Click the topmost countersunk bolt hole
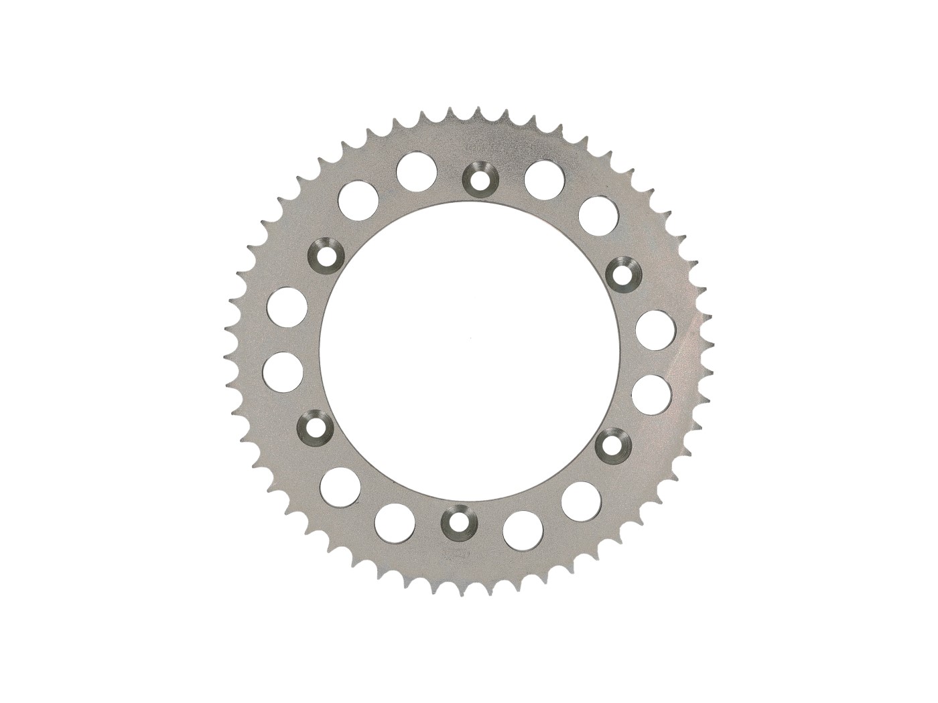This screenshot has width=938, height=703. [478, 176]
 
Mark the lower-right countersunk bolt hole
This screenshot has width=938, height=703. [611, 443]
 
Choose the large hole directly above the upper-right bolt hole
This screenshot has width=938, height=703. [597, 214]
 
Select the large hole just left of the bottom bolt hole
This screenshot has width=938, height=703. [395, 523]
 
